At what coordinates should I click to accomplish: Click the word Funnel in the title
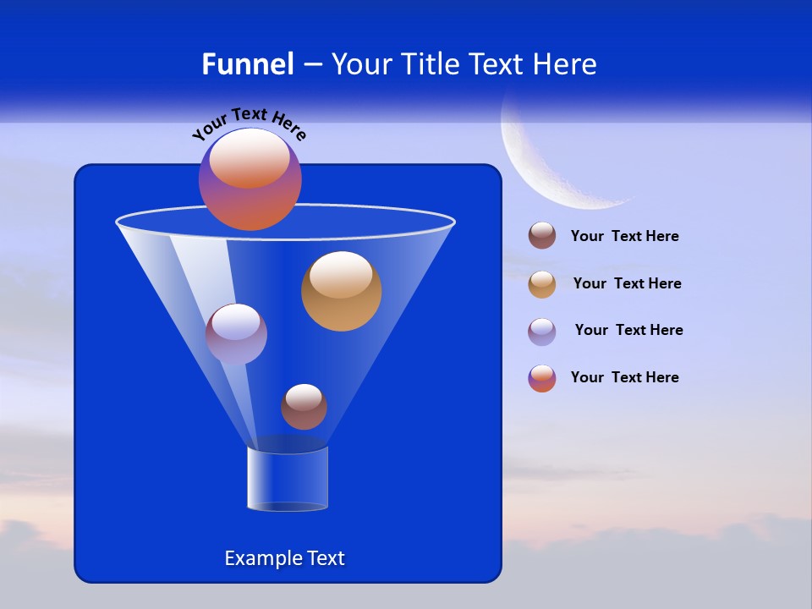tap(247, 64)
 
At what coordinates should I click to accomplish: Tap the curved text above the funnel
tap(250, 122)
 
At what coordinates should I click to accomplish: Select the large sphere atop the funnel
tap(250, 179)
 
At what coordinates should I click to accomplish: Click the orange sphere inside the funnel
tap(341, 292)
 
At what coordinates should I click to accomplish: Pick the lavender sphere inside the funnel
tap(236, 334)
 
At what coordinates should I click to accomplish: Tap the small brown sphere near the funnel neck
tap(304, 407)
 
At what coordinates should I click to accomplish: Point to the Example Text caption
tap(285, 558)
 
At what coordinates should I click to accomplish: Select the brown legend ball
tap(542, 236)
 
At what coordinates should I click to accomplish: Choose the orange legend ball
tap(542, 284)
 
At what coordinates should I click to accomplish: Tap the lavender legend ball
tap(542, 332)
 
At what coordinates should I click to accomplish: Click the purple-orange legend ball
tap(542, 378)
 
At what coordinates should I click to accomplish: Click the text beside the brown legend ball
tap(625, 237)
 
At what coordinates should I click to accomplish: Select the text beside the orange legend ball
tap(627, 283)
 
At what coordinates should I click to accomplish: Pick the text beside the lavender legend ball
tap(628, 330)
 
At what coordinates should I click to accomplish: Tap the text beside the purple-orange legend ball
tap(625, 377)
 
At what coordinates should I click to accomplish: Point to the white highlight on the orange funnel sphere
tap(341, 275)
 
